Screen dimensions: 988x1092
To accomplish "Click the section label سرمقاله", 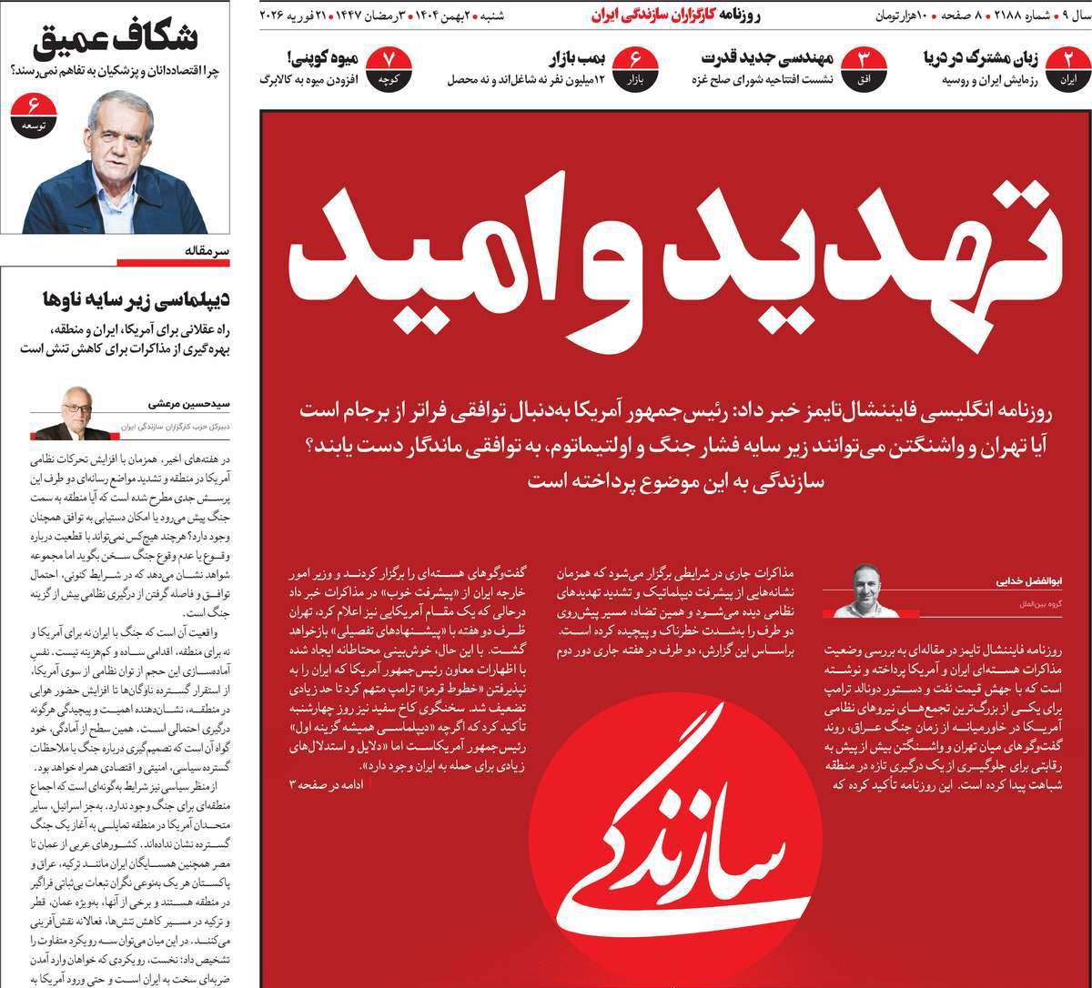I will click(196, 250).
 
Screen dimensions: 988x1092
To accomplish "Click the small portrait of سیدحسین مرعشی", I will click(78, 412).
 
